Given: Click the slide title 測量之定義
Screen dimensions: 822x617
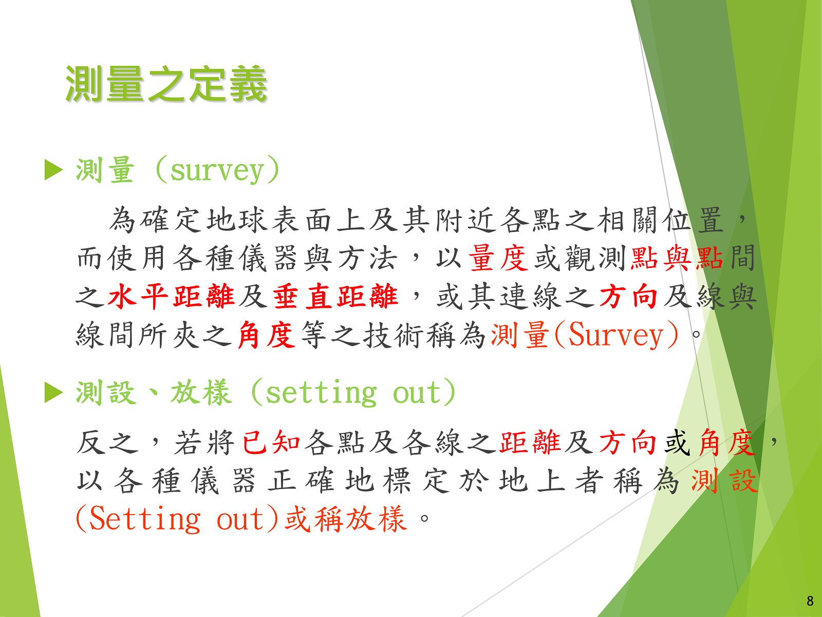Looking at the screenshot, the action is (166, 84).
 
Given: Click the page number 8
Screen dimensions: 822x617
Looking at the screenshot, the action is (810, 601).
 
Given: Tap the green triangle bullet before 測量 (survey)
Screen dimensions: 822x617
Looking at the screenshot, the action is (53, 170).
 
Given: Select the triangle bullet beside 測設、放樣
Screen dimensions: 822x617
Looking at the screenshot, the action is (53, 393).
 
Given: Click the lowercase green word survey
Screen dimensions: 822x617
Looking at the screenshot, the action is (217, 172).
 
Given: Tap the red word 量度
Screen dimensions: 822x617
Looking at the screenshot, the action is (498, 258).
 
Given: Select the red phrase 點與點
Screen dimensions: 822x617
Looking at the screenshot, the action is (677, 258).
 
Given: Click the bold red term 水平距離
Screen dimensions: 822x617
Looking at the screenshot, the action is (171, 296).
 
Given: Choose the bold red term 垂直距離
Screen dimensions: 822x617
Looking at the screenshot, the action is (335, 296).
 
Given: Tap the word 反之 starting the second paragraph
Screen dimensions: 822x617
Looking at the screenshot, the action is (107, 442).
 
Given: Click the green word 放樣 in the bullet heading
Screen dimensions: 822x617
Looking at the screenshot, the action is (201, 393).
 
